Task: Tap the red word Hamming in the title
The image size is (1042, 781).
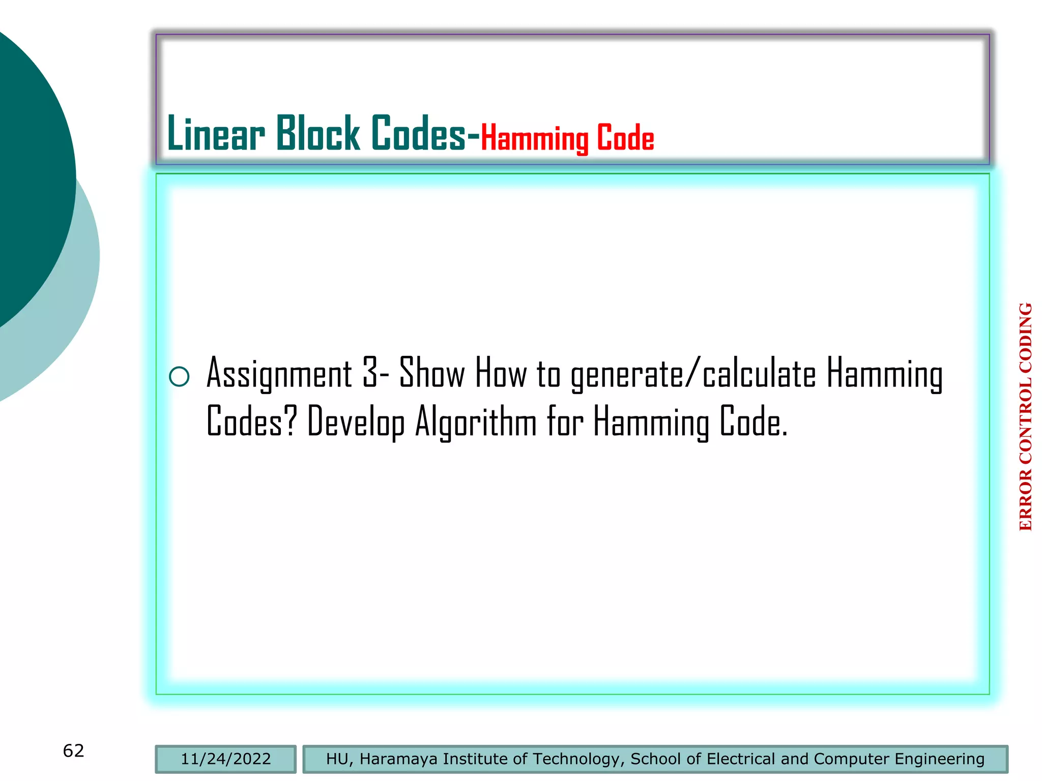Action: tap(534, 138)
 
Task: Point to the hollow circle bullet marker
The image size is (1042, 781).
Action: tap(179, 377)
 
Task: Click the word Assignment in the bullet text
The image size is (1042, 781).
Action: tap(279, 374)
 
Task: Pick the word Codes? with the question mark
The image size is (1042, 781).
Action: tap(251, 421)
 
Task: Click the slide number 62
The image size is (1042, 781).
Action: tap(73, 750)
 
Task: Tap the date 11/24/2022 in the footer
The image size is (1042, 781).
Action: tap(226, 759)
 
